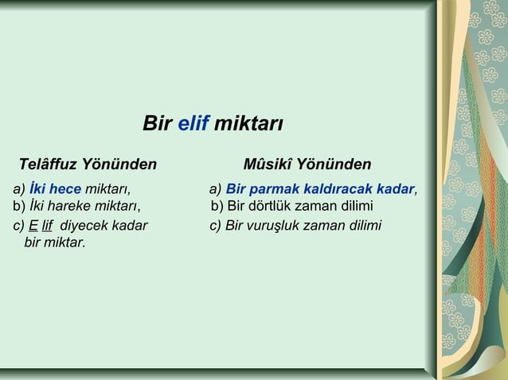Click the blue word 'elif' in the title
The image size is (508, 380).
pyautogui.click(x=193, y=124)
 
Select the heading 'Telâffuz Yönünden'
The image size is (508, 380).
pyautogui.click(x=88, y=165)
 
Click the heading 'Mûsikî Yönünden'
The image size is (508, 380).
pyautogui.click(x=307, y=165)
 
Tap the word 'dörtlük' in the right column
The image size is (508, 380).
pyautogui.click(x=278, y=207)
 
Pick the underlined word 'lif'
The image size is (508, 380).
pyautogui.click(x=47, y=225)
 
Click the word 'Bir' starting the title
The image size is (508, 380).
pyautogui.click(x=157, y=124)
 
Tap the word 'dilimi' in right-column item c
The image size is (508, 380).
pyautogui.click(x=362, y=225)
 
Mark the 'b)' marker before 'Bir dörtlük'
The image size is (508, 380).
pyautogui.click(x=218, y=207)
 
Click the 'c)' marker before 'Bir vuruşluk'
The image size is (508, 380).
pyautogui.click(x=216, y=225)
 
